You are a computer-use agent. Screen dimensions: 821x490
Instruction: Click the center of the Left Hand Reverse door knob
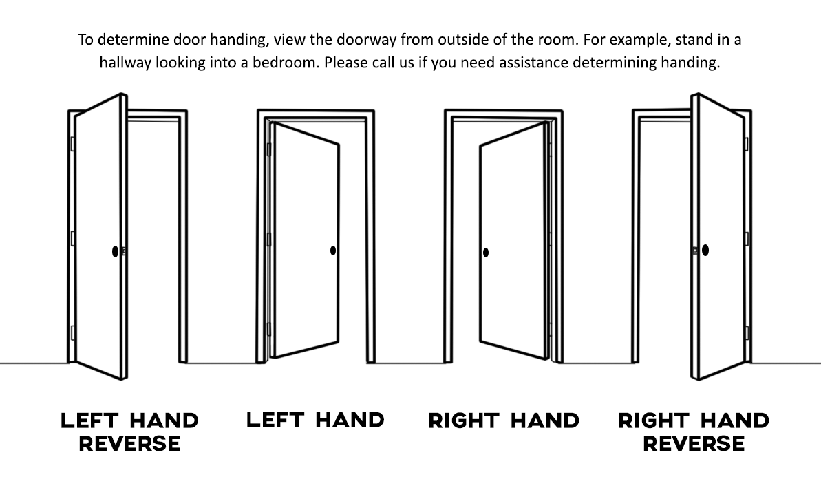115,251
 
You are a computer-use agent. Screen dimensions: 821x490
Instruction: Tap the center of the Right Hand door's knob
485,253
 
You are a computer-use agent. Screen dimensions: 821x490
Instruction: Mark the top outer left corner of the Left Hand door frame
257,110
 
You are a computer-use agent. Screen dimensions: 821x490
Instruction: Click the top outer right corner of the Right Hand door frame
562,111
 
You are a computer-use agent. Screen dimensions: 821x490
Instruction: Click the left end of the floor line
1,363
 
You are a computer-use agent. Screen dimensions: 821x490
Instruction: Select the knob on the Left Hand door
333,251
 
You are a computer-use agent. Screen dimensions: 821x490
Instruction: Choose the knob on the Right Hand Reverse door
705,251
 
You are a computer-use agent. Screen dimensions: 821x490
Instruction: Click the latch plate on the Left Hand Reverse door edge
124,251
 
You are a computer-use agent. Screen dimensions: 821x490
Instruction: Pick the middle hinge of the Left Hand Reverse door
73,239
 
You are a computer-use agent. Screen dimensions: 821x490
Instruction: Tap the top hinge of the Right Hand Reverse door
747,144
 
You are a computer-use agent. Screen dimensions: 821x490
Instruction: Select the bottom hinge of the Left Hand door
268,329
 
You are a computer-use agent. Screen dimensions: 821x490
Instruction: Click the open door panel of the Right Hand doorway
513,241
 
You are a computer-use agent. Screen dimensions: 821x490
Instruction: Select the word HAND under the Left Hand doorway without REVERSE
350,420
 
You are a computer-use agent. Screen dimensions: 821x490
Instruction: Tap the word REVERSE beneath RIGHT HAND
694,444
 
